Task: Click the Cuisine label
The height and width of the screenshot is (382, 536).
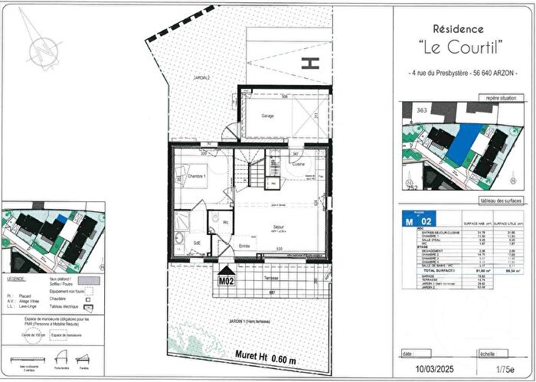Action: (x=299, y=165)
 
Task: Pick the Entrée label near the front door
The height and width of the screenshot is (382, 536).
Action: (x=245, y=245)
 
